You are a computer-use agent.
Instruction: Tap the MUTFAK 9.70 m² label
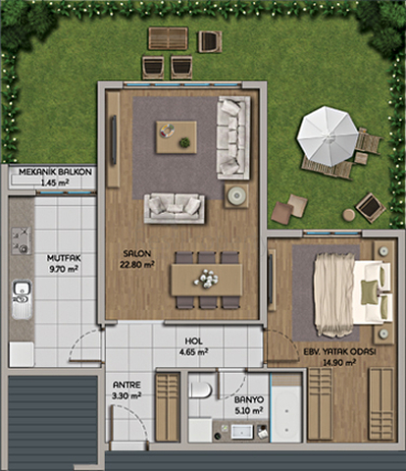click(64, 263)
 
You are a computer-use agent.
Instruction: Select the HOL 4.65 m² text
click(193, 346)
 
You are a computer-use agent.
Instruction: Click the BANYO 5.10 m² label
click(249, 405)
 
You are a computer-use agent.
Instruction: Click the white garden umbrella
click(328, 135)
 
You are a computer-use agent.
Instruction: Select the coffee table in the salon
click(177, 137)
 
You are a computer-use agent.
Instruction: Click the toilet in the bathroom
click(200, 391)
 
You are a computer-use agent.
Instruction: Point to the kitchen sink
click(22, 299)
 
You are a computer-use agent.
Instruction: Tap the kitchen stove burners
click(22, 240)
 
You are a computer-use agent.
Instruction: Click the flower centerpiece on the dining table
click(206, 279)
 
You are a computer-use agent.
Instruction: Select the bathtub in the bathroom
click(286, 408)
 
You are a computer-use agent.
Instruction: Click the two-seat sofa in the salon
click(175, 209)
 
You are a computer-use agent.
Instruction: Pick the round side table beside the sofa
click(236, 196)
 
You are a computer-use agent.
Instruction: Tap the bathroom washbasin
click(242, 432)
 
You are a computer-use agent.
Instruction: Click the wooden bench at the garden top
click(169, 38)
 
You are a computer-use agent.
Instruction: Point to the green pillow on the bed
click(370, 292)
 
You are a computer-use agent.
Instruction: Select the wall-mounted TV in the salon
click(114, 140)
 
